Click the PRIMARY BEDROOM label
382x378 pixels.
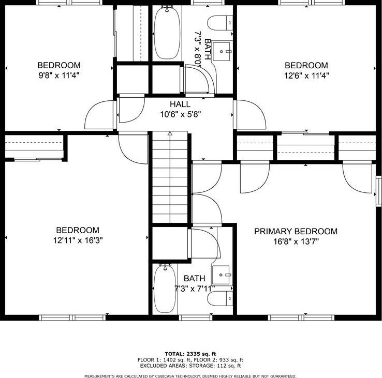tap(296, 231)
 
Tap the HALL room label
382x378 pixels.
tap(180, 104)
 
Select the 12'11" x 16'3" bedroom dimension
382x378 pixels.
tap(78, 240)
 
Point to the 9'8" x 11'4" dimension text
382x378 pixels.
tap(59, 75)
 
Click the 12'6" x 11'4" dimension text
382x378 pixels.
tap(306, 75)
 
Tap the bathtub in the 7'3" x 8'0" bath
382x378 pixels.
tap(167, 33)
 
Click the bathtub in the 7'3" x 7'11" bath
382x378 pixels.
tap(165, 289)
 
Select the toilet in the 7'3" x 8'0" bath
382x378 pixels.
tap(220, 23)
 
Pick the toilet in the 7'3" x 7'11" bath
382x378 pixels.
tap(220, 298)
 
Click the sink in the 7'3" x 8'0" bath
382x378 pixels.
tap(221, 51)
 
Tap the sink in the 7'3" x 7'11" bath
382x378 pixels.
tap(221, 275)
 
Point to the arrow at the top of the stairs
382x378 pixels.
tap(170, 133)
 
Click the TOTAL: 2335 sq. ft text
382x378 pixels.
tap(190, 354)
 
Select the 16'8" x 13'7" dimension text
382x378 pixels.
tap(296, 241)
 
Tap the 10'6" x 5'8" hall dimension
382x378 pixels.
tap(180, 114)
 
